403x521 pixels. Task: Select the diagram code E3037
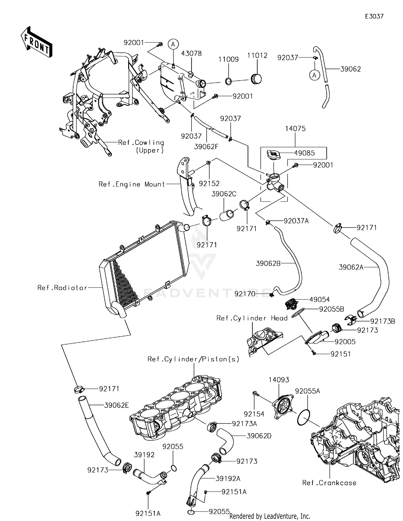tap(374, 16)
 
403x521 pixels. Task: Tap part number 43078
tap(191, 53)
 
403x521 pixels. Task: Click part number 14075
tap(295, 129)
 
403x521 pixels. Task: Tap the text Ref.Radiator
tap(62, 288)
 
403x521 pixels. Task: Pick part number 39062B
tap(268, 263)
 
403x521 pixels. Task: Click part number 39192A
tap(228, 479)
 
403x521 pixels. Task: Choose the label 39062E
tap(117, 405)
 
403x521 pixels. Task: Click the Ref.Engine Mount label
tap(132, 184)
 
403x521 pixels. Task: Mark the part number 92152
tap(209, 183)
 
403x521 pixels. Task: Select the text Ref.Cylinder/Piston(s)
tap(193, 359)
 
